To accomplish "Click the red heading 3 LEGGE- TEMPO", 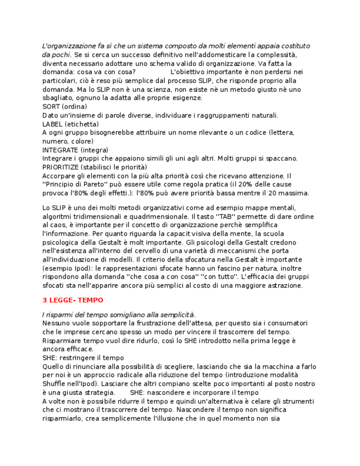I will pos(73,300).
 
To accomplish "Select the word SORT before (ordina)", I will pos(51,107).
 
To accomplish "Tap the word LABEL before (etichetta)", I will pos(53,124).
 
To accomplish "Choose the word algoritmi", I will pos(57,217).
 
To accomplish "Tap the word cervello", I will pos(147,251).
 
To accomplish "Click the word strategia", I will pos(99,392).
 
